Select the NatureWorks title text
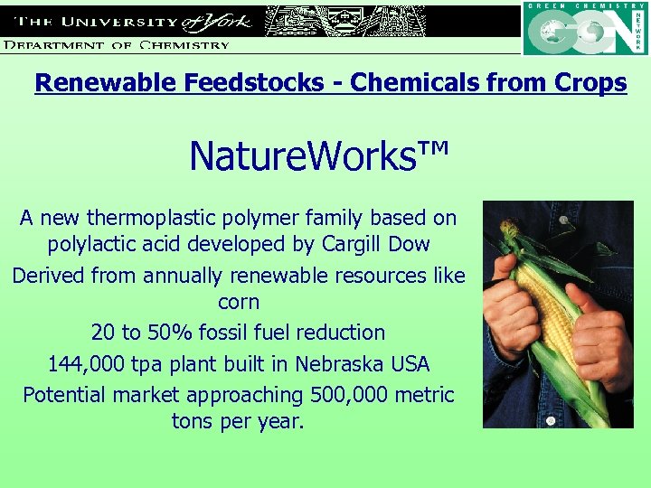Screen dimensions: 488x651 pos(318,157)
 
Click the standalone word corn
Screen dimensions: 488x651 pos(239,302)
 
